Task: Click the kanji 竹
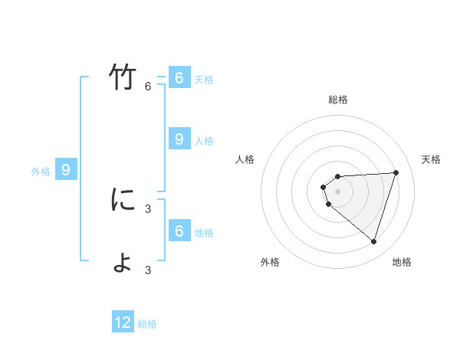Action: (x=123, y=78)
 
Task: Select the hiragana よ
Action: (x=123, y=262)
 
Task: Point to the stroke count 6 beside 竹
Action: (x=148, y=86)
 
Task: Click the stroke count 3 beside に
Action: (x=148, y=208)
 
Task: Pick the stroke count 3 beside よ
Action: (x=148, y=270)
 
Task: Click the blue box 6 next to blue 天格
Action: (x=179, y=78)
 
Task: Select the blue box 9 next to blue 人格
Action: (x=179, y=139)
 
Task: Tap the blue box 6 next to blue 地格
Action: (x=179, y=231)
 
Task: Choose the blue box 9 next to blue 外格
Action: (x=66, y=170)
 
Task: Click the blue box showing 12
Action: (x=123, y=322)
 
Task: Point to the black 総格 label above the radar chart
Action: (x=338, y=100)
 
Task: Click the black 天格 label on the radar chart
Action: (x=432, y=159)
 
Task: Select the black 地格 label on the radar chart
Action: (x=402, y=262)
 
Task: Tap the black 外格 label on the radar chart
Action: (x=270, y=262)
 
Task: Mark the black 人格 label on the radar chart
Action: (x=245, y=159)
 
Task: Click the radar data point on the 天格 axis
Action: (x=396, y=172)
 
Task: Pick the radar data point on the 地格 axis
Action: (x=373, y=241)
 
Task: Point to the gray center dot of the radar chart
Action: (x=338, y=191)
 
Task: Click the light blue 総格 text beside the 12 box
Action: (x=147, y=324)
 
